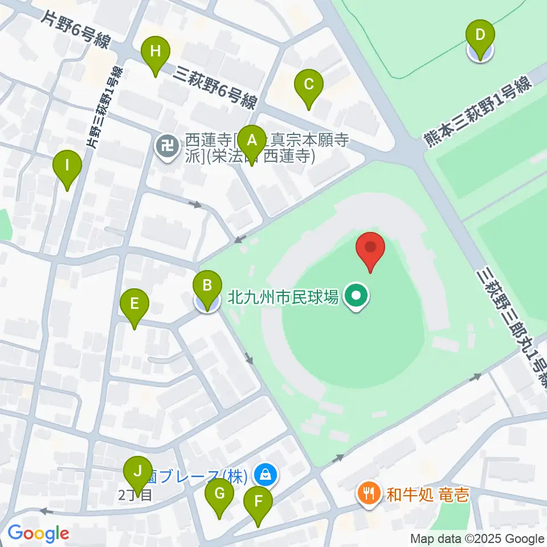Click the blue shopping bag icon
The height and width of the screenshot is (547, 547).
265,473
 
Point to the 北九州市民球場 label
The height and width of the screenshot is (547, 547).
283,297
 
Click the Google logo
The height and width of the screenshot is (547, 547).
38,533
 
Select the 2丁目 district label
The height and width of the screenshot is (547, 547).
136,495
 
